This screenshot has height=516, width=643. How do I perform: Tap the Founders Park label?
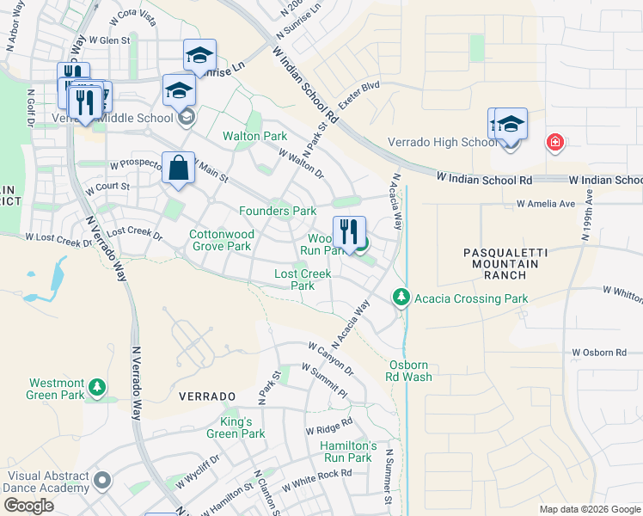pyautogui.click(x=278, y=211)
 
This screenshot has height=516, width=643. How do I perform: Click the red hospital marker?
pyautogui.click(x=554, y=142)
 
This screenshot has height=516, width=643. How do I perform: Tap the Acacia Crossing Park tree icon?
pyautogui.click(x=400, y=298)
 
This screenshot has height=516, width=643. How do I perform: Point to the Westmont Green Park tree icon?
pyautogui.click(x=100, y=387)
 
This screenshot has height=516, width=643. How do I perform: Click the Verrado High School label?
pyautogui.click(x=454, y=143)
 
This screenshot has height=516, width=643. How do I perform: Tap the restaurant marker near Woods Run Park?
pyautogui.click(x=349, y=232)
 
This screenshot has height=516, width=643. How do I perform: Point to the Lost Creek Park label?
pyautogui.click(x=303, y=279)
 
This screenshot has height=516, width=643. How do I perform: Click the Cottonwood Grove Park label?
pyautogui.click(x=220, y=240)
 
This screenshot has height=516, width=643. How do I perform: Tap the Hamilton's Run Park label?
pyautogui.click(x=348, y=451)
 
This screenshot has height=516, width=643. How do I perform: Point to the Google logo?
pyautogui.click(x=28, y=506)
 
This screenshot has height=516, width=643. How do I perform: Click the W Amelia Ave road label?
pyautogui.click(x=544, y=205)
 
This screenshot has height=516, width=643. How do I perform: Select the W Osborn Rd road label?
pyautogui.click(x=600, y=353)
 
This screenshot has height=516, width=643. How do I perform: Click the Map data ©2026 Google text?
pyautogui.click(x=589, y=509)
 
